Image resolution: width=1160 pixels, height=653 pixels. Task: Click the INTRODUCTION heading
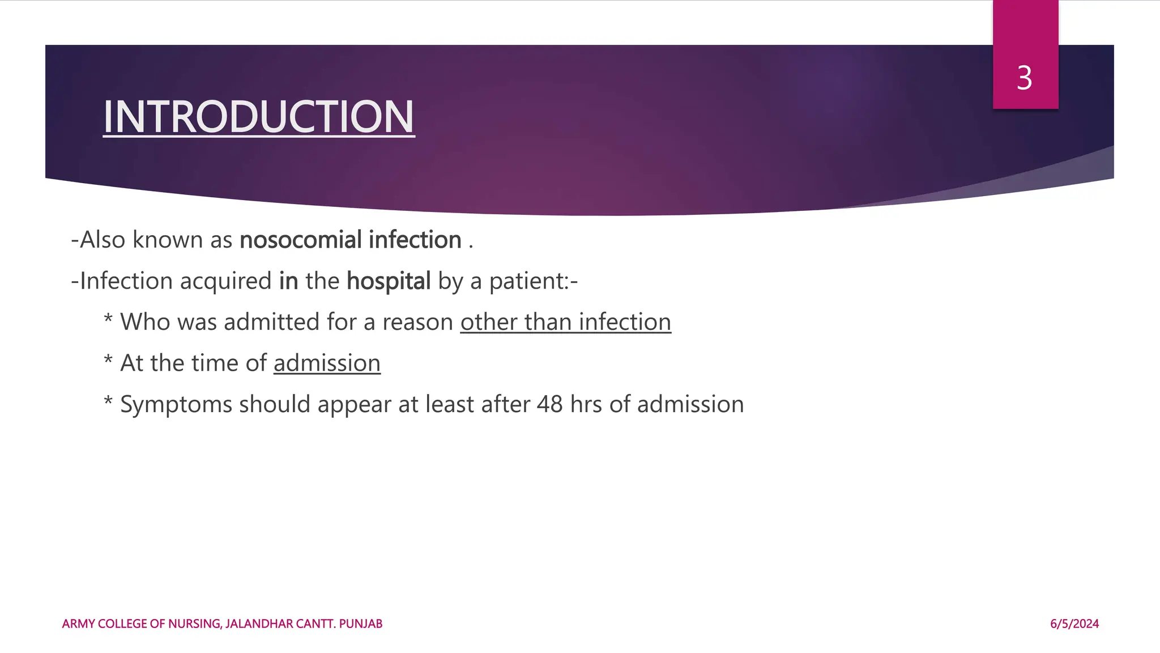(258, 117)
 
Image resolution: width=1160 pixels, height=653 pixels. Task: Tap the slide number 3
(1024, 78)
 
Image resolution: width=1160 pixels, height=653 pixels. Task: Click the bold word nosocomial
(300, 240)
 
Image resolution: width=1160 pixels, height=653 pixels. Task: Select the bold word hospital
(389, 281)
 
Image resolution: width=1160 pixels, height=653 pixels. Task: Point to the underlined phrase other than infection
(565, 322)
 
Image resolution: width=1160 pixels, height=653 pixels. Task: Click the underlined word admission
(327, 363)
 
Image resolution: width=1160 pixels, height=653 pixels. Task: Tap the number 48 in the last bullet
(549, 405)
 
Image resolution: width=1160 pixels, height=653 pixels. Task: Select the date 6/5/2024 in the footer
(1074, 624)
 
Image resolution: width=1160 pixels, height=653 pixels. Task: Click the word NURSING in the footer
(194, 624)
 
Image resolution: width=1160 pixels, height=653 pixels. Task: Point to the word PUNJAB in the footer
(361, 624)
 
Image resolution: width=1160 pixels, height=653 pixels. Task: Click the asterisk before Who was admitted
(108, 319)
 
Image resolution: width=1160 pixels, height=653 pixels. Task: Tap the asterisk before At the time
(108, 361)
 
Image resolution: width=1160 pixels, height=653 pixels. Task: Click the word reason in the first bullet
(417, 323)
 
